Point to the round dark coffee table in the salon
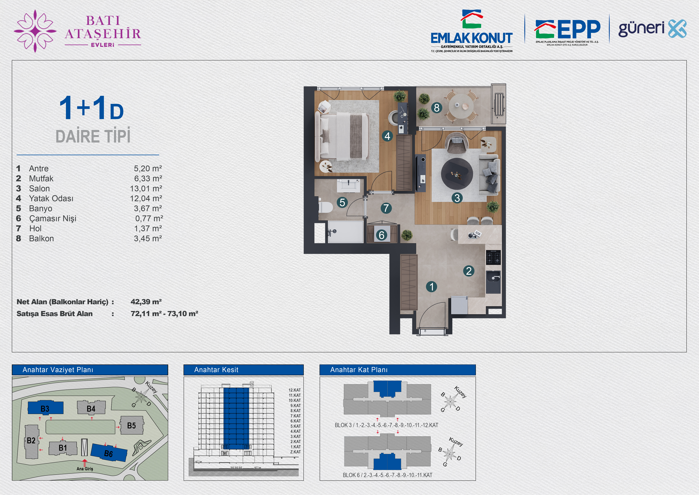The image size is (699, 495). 457,174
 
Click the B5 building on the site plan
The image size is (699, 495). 132,425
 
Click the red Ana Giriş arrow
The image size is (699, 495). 85,462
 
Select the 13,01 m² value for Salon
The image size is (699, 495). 146,188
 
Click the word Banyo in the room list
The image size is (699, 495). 40,209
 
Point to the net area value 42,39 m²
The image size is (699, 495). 146,302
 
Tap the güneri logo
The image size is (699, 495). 652,29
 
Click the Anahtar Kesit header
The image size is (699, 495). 216,370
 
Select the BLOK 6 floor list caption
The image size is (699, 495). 387,475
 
